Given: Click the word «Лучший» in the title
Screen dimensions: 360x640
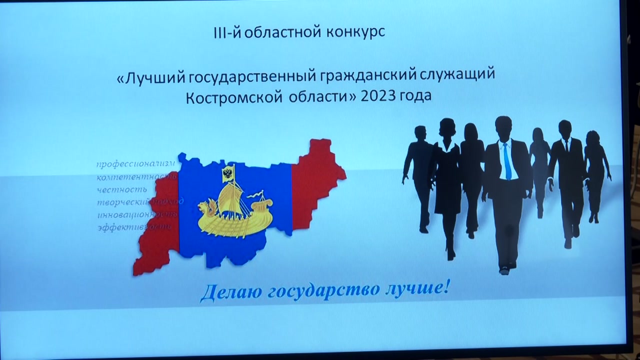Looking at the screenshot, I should pos(147,76).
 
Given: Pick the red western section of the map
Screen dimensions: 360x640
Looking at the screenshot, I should pos(159,230).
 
